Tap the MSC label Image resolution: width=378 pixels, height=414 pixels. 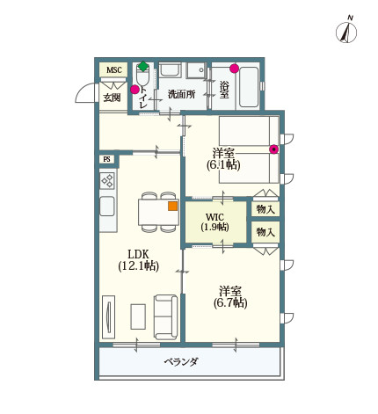click(x=113, y=70)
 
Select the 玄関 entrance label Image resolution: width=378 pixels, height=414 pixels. click(x=112, y=97)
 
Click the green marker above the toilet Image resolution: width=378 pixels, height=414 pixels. click(x=143, y=66)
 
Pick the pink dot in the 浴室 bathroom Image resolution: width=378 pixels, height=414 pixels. click(x=234, y=68)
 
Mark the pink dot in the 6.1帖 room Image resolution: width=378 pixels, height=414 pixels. click(x=274, y=149)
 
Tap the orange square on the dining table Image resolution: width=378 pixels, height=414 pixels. click(x=172, y=207)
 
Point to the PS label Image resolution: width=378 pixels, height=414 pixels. click(x=107, y=159)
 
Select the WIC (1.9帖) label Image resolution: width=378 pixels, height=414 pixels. click(x=215, y=222)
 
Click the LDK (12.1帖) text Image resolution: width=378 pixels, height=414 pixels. click(x=138, y=259)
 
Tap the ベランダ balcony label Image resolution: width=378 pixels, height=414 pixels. click(x=181, y=362)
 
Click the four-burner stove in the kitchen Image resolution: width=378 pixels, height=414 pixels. click(x=107, y=181)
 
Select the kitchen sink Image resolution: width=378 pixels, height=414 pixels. click(x=107, y=207)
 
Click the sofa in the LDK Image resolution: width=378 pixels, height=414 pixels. click(x=165, y=316)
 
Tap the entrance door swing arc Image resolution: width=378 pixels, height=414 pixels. click(x=85, y=92)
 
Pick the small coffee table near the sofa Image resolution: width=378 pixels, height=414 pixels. click(x=137, y=316)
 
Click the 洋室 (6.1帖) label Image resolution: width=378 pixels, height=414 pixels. click(x=223, y=158)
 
